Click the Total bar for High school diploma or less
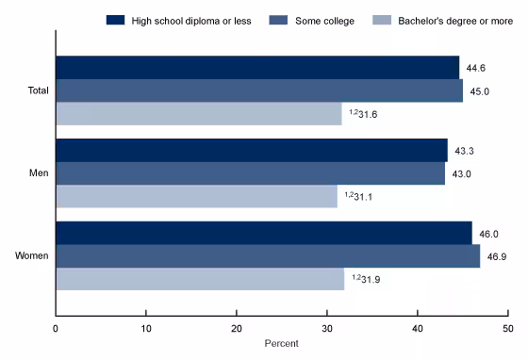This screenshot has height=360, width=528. tap(257, 67)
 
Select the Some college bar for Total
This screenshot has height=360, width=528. tap(259, 90)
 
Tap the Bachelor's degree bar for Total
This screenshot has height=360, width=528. tap(199, 113)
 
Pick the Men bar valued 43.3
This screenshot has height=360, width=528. tap(252, 150)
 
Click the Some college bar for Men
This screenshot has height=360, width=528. tap(251, 173)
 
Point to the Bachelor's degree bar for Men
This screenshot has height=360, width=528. tap(196, 196)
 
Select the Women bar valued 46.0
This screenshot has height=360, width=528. tap(264, 233)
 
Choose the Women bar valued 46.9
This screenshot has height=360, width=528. tap(268, 256)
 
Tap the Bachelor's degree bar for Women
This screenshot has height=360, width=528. tap(200, 279)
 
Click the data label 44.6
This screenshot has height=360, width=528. tap(476, 67)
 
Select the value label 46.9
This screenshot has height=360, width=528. tap(497, 256)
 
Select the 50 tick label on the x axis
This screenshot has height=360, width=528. tap(507, 328)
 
